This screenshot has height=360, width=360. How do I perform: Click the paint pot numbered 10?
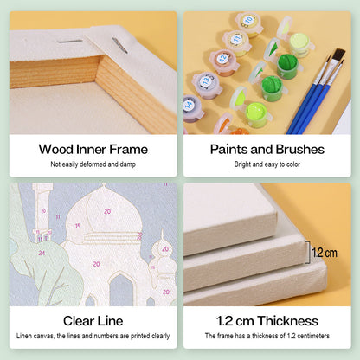pos(249,24)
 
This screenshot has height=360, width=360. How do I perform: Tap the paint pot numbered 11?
pos(237,43)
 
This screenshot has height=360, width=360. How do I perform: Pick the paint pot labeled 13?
pos(207,86)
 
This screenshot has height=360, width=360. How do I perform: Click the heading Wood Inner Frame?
pos(93,150)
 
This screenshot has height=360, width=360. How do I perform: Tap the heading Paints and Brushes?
pos(267,150)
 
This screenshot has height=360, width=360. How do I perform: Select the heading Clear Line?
pos(93,321)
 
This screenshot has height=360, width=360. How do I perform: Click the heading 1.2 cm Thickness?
pos(267,321)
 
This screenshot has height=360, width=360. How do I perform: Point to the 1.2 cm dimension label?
pos(325,253)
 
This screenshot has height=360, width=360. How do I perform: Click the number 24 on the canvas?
pos(42,253)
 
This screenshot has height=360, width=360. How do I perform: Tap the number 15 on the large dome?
pos(78,226)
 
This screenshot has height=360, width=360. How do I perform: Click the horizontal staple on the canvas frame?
pos(69,42)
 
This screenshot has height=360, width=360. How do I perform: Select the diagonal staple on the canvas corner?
pos(119,46)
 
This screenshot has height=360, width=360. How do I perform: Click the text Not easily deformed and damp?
pos(93,164)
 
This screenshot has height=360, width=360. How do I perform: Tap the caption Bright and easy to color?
pos(267,164)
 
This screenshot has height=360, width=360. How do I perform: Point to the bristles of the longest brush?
pos(339,55)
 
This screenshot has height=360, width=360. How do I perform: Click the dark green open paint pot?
pos(287,65)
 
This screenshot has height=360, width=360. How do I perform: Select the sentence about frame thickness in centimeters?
pos(267,336)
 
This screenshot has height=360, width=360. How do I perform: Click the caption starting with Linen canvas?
pos(93,336)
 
